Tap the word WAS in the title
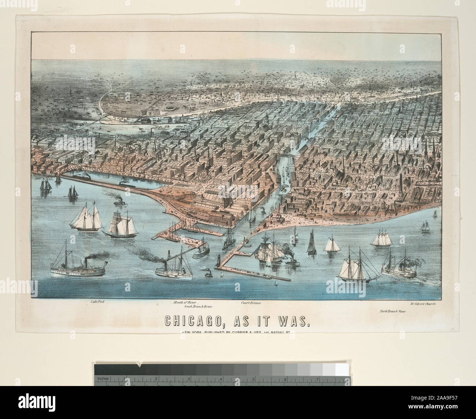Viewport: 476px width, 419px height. click(292, 321)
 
